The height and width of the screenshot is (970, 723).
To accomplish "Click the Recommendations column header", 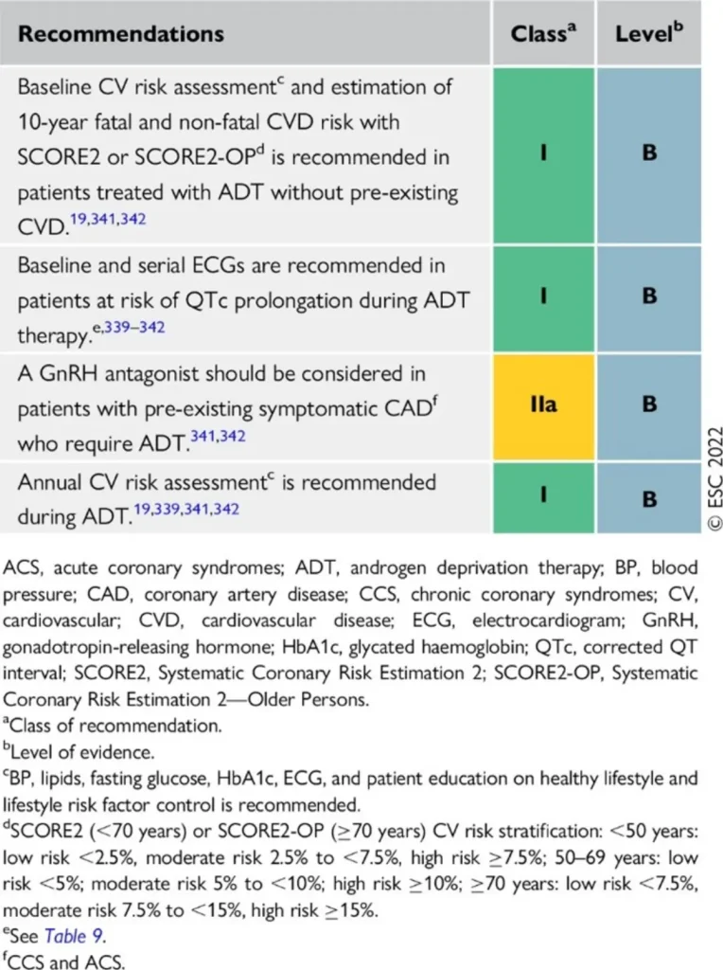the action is click(x=121, y=33).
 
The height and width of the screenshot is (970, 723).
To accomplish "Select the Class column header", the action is click(x=543, y=32).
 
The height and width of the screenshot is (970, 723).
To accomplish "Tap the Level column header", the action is click(x=649, y=32).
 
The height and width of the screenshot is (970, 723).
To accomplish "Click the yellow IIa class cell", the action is click(x=543, y=405).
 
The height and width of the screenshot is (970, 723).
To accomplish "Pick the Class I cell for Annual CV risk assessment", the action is click(x=543, y=497).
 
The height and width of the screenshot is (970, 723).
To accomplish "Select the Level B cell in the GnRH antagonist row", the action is click(x=649, y=405).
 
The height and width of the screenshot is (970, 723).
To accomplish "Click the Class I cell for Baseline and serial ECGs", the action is click(x=543, y=298).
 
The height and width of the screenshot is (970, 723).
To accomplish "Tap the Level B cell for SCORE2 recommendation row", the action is click(x=649, y=154).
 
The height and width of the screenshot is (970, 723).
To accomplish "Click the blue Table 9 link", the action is click(x=74, y=935).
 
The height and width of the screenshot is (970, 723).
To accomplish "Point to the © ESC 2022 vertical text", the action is click(x=714, y=477).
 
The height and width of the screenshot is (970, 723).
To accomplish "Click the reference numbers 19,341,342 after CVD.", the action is click(x=108, y=220).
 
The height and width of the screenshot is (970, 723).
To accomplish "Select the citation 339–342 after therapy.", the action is click(x=134, y=327).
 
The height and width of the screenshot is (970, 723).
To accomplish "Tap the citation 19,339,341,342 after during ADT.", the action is click(x=186, y=509).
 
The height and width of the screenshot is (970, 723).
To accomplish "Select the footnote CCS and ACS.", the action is click(x=64, y=962).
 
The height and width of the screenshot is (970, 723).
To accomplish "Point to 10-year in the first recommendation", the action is click(x=52, y=122).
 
